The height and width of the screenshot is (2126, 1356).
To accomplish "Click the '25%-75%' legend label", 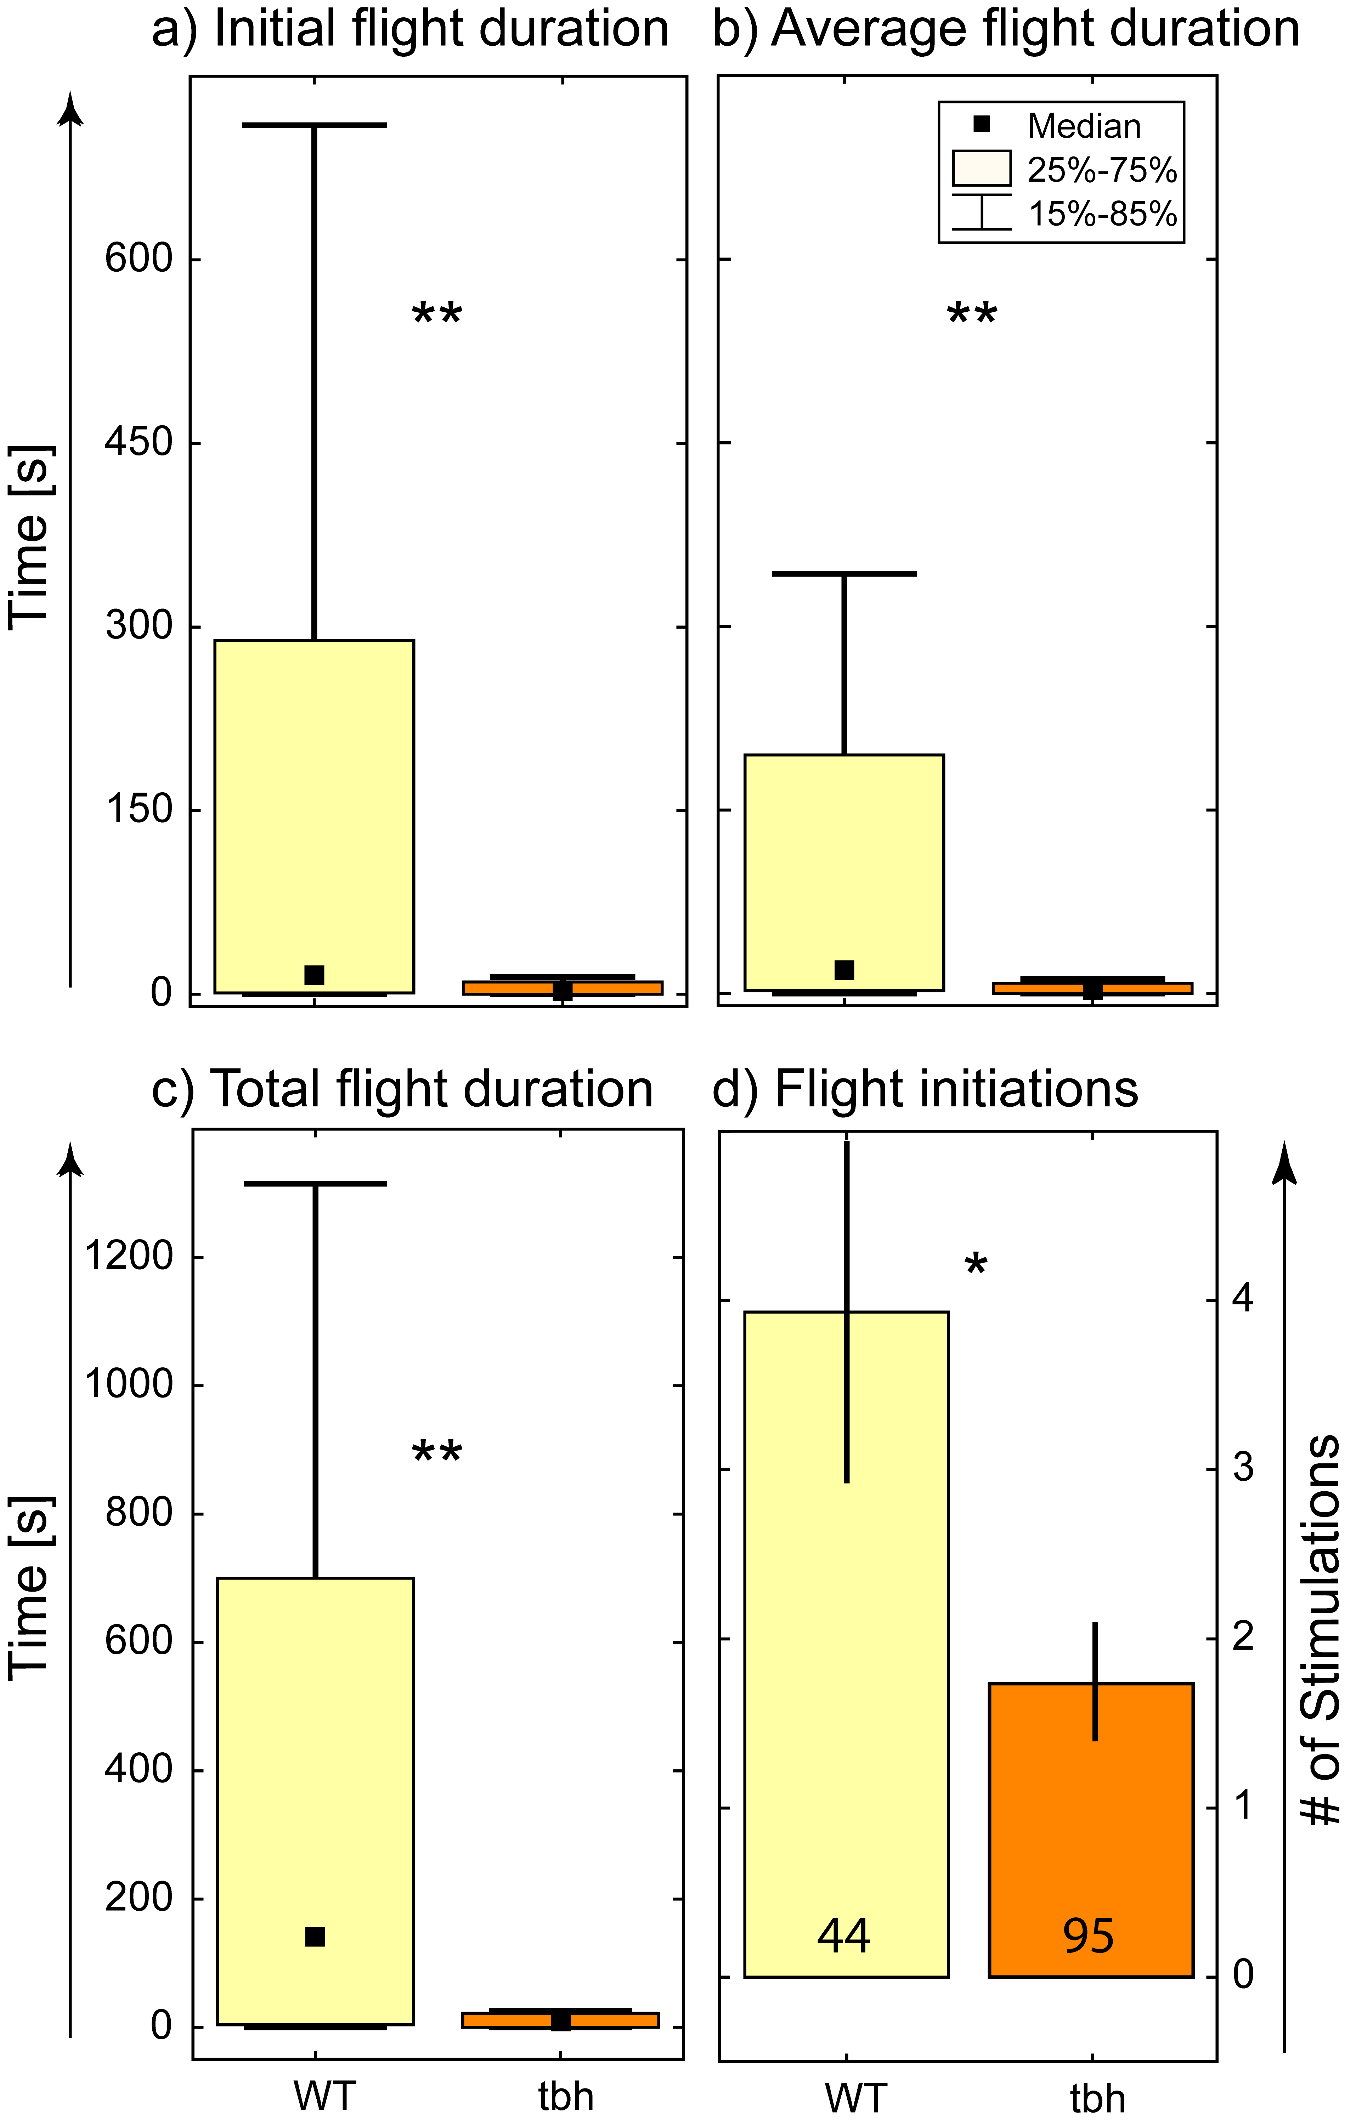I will (x=1102, y=170).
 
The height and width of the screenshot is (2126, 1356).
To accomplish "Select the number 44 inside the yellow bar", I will (x=844, y=1934).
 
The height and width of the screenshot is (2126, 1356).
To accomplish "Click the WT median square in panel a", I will (x=314, y=975).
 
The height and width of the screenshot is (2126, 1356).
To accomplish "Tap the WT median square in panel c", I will (x=315, y=1936).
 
